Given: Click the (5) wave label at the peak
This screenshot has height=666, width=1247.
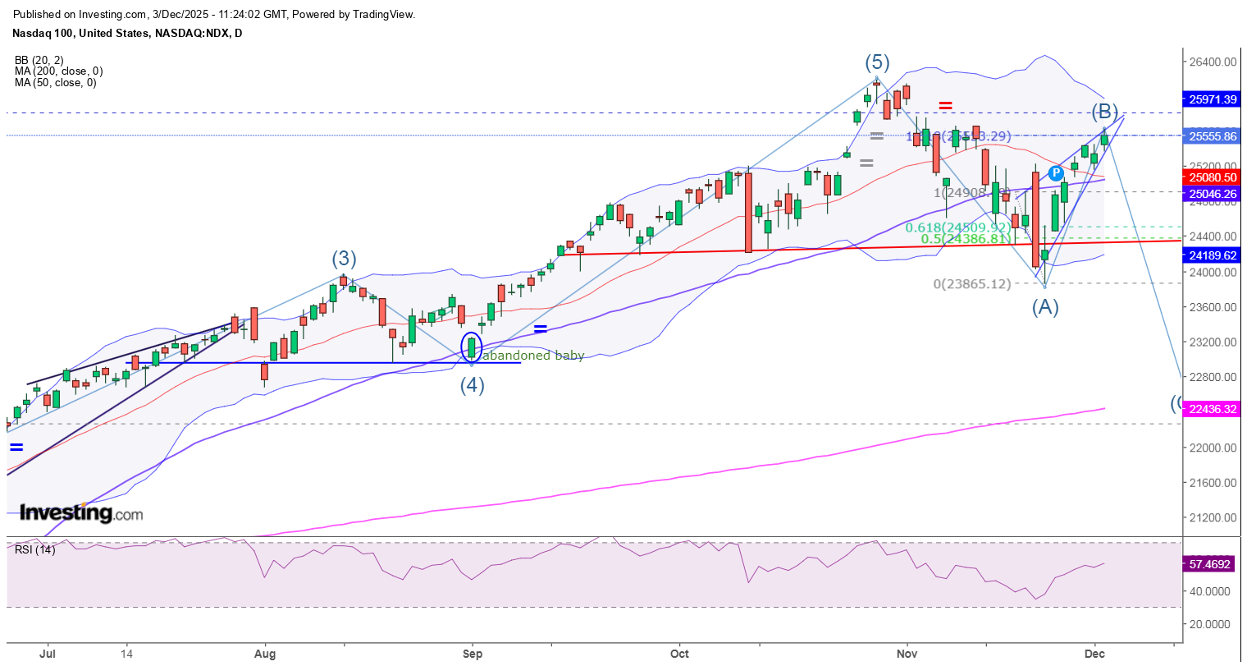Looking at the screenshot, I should click(x=877, y=62).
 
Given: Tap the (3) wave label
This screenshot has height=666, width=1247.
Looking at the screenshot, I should click(x=344, y=260).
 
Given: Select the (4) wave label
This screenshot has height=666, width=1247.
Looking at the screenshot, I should click(x=472, y=385).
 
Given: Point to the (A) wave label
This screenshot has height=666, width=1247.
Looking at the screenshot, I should click(x=1045, y=307).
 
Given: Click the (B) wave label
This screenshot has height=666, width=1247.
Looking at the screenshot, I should click(x=1104, y=111).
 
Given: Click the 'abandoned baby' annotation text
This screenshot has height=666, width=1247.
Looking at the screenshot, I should click(x=534, y=356).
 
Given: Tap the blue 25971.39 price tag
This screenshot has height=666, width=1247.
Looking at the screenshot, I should click(x=1213, y=99).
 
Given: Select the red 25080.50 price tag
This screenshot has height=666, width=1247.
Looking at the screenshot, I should click(x=1213, y=177).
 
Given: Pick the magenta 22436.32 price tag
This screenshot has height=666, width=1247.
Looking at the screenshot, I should click(x=1213, y=409).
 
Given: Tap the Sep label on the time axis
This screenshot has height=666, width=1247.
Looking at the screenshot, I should click(x=473, y=655).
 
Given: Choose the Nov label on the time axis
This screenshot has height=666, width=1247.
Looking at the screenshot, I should click(x=907, y=655).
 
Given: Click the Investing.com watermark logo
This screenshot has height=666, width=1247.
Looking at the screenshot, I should click(x=81, y=514).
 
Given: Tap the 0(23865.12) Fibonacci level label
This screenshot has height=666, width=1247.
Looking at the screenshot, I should click(x=972, y=284).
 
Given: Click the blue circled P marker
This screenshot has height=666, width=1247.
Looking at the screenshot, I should click(x=1056, y=173).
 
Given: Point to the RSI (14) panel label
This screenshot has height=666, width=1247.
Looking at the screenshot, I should click(x=35, y=549).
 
